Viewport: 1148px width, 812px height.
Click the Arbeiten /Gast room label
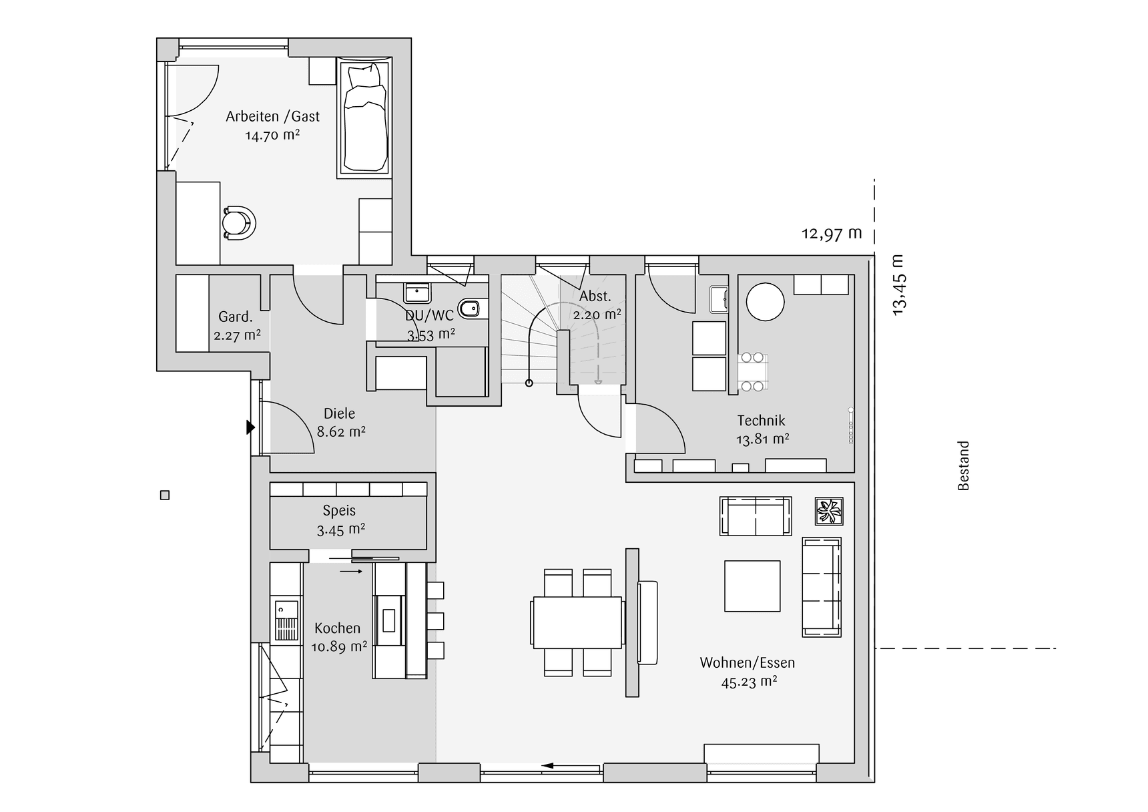tap(272, 116)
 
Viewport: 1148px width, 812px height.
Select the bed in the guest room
tap(364, 118)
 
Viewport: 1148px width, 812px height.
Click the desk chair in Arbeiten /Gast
tap(238, 223)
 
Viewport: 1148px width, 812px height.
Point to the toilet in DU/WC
tap(471, 309)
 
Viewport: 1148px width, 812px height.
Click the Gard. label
tap(236, 317)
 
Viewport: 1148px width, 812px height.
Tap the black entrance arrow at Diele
tap(250, 427)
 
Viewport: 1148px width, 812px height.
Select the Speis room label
tap(339, 511)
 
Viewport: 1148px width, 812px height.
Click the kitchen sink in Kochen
tap(287, 609)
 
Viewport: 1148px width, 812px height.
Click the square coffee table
tap(752, 586)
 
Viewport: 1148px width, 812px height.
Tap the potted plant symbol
tap(830, 512)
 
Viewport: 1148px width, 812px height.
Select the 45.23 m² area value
tap(749, 682)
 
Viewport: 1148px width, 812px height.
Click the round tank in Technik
tap(765, 302)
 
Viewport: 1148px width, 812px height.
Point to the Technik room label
tap(761, 421)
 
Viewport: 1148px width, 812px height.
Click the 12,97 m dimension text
tap(832, 234)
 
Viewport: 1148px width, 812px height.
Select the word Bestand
tap(963, 465)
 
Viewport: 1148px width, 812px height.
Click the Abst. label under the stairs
tap(595, 296)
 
